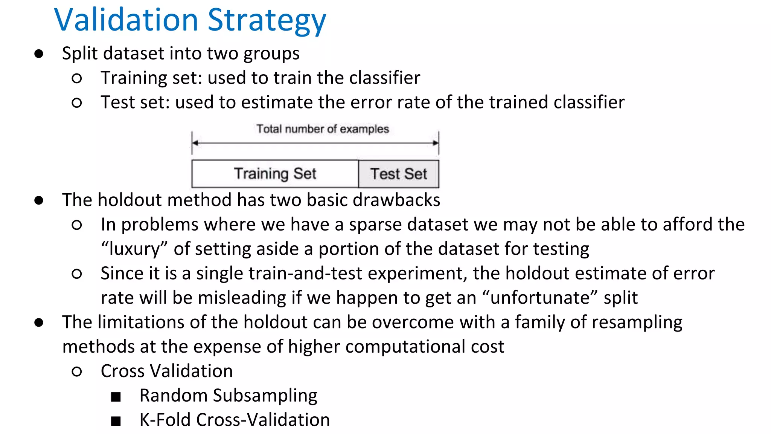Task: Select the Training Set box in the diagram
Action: (275, 174)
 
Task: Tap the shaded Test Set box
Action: (399, 174)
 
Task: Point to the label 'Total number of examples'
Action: (323, 129)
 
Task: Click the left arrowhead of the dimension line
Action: (195, 143)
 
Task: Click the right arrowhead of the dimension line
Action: (436, 143)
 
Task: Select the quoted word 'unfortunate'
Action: (540, 298)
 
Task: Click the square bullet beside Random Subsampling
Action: (116, 397)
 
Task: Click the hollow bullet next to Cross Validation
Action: (77, 372)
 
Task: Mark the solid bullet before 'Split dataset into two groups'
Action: (39, 54)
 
